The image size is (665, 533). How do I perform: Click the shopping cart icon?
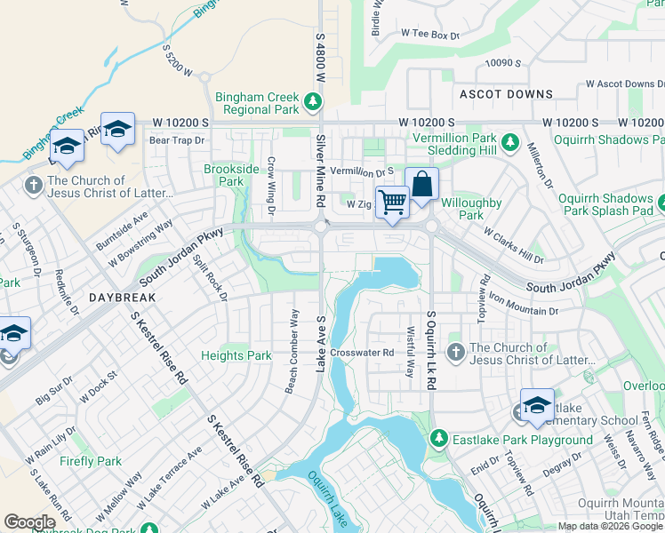(x=392, y=201)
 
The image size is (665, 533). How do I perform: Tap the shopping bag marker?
(x=423, y=184)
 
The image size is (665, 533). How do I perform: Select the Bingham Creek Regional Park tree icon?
(x=313, y=102)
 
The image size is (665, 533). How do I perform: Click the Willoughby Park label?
(x=472, y=209)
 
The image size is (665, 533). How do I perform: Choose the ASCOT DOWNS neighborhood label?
(x=506, y=94)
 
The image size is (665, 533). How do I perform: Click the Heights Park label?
(x=236, y=356)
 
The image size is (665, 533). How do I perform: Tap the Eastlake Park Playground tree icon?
(x=438, y=439)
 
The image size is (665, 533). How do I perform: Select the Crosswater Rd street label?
(x=362, y=353)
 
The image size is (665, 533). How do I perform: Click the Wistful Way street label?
(x=410, y=350)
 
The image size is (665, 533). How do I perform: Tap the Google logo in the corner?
(x=29, y=522)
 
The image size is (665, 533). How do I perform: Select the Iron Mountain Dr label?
(x=522, y=306)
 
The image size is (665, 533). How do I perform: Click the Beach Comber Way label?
(x=292, y=351)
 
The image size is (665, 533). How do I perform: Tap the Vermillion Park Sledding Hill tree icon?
(x=509, y=140)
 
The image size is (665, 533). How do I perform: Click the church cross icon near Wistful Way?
(x=456, y=353)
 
